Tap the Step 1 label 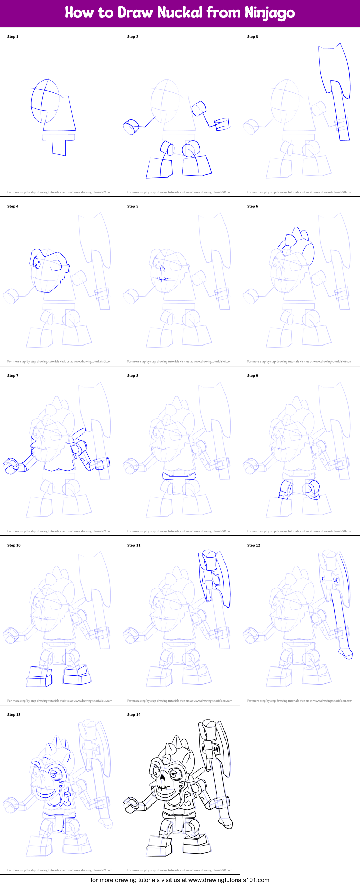point(13,37)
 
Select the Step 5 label point(132,206)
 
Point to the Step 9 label point(252,375)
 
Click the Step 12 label point(253,545)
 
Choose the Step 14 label point(133,714)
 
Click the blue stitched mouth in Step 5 point(163,279)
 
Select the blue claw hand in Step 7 point(11,465)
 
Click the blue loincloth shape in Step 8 point(179,482)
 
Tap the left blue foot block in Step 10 point(39,676)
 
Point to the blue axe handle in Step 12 point(340,618)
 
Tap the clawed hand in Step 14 point(131,804)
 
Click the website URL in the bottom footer point(229,880)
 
